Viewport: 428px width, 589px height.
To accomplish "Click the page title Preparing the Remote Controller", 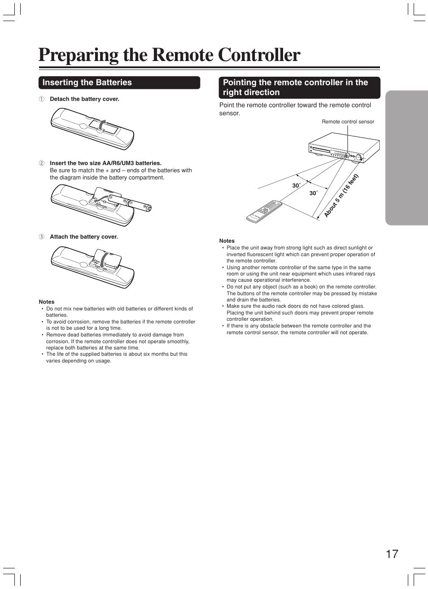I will [x=169, y=55].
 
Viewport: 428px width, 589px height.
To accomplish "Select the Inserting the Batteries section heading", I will [x=87, y=83].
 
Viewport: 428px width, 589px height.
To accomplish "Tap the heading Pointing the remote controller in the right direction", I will [x=295, y=87].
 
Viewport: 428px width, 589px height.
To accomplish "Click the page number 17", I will [x=392, y=554].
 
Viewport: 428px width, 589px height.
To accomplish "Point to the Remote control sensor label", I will [x=348, y=122].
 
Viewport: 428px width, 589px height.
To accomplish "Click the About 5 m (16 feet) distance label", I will [x=341, y=196].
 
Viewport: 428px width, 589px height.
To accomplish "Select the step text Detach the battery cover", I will [x=84, y=99].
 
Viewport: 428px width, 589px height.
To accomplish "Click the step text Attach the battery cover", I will [x=84, y=237].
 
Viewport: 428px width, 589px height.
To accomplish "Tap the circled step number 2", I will [x=41, y=163].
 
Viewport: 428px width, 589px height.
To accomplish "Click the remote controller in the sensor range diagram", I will [x=264, y=211].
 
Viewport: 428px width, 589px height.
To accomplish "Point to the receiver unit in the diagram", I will [x=344, y=147].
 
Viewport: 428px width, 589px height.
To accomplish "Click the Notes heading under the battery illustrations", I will [x=47, y=302].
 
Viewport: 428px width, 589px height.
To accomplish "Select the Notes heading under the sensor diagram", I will [x=227, y=241].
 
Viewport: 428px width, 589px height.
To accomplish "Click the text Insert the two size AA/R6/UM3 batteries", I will [x=105, y=163].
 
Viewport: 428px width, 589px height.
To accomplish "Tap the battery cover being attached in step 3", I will [x=108, y=260].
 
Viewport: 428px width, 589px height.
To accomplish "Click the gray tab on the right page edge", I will [x=406, y=157].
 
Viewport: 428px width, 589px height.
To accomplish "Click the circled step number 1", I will [x=41, y=99].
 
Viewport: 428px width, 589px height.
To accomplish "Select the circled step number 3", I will [x=41, y=237].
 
